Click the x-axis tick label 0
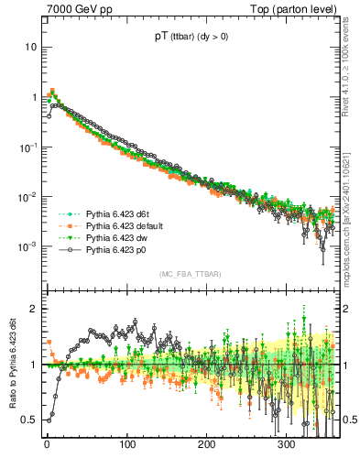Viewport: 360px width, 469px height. pos(47,444)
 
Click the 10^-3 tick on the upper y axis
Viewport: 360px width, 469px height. pos(27,246)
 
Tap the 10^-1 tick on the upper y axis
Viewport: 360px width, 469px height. pos(27,147)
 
